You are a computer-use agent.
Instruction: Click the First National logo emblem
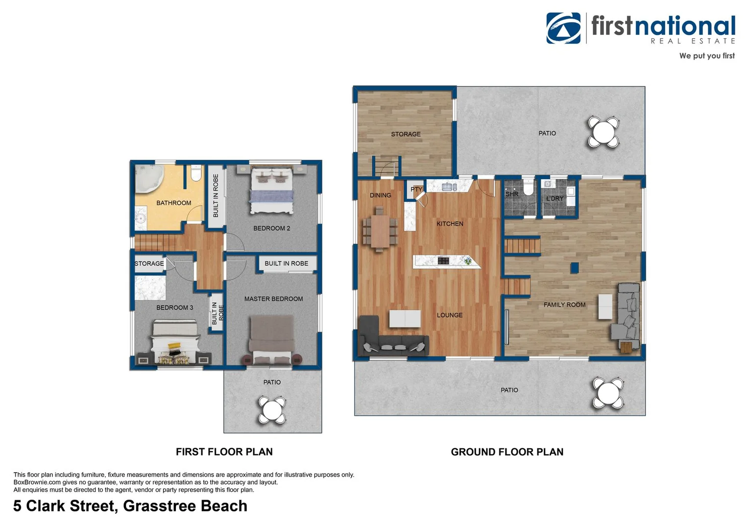563,28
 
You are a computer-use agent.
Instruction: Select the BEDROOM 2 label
271,228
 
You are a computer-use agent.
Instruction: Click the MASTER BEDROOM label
273,299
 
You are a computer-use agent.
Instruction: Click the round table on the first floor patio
272,410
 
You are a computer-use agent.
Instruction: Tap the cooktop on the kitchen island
443,261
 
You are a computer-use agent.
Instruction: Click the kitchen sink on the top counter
449,187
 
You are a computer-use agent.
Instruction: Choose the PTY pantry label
416,189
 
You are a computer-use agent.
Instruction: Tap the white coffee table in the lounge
405,319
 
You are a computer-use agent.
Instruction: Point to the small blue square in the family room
574,267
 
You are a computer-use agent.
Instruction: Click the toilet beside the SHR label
528,188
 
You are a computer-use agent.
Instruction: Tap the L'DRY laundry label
555,198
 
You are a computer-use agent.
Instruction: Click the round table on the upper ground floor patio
603,132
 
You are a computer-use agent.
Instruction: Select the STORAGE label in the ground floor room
406,134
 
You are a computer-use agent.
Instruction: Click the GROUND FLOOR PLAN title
507,452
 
